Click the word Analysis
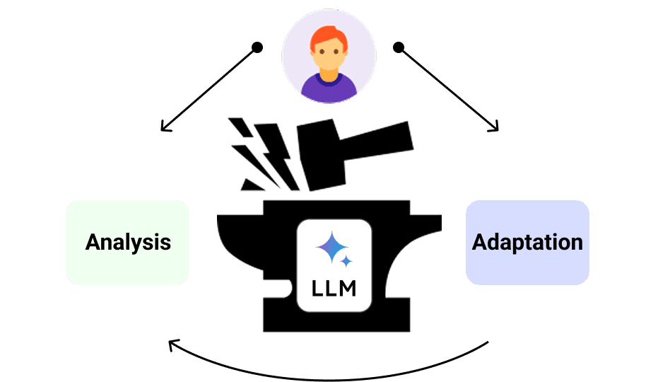point(128,243)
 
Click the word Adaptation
point(527,242)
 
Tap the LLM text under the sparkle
point(334,289)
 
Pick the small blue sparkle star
point(347,262)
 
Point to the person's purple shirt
point(329,90)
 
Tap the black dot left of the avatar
point(257,47)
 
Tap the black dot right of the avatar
point(399,47)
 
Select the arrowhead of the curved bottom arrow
point(172,345)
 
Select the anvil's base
point(332,322)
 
